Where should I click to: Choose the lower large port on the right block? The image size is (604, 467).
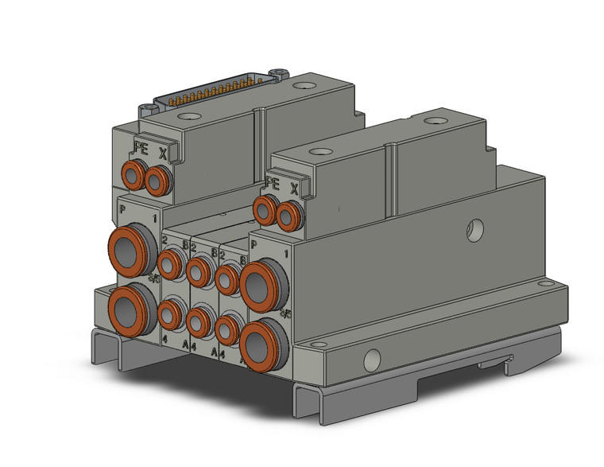coord(261,344)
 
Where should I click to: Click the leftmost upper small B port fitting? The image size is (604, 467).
coord(170,263)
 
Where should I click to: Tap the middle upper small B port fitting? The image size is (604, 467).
coord(199,270)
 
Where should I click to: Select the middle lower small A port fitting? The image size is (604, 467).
coord(199,322)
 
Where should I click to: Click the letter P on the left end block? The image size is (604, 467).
coord(122,210)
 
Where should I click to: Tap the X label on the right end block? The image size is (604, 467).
coord(295,189)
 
